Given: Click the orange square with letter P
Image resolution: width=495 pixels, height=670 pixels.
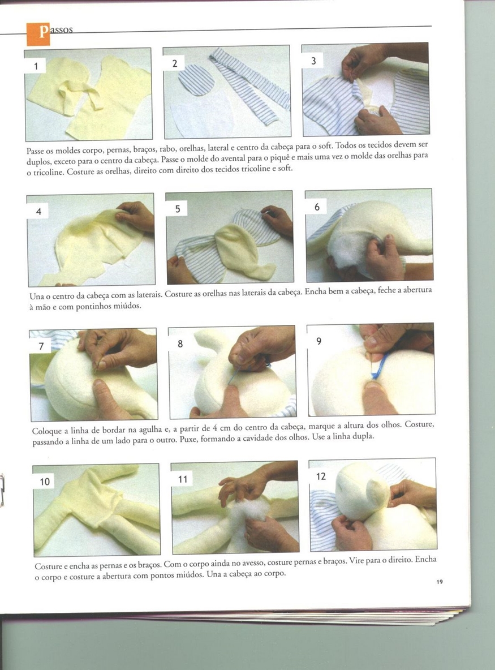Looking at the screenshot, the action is pos(38,34).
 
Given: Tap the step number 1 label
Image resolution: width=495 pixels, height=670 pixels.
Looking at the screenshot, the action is pos(36,66).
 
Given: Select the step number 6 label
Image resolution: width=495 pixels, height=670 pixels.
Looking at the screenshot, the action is pos(317,207).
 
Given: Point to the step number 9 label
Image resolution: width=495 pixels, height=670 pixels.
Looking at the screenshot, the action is pos(319,341).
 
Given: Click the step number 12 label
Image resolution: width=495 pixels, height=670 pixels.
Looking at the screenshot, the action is pos(321,476).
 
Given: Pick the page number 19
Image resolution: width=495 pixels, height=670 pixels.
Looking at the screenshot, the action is pos(440,582).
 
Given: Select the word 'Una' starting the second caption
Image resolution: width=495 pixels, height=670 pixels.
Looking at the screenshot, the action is pos(36,296).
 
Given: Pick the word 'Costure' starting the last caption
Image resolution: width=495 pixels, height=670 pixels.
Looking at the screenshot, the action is pos(49,566).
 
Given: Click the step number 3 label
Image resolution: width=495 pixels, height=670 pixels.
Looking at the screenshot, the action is pos(313,61).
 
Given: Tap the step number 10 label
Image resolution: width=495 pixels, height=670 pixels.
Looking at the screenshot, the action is pos(45,482).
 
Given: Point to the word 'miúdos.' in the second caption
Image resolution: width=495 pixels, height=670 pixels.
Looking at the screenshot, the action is pos(127,306).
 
